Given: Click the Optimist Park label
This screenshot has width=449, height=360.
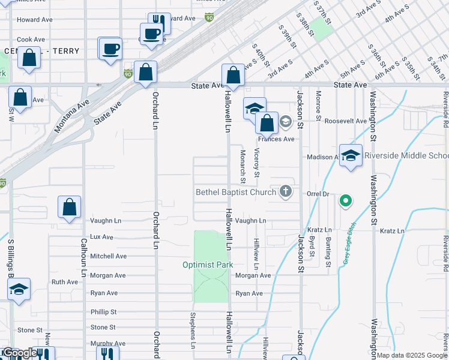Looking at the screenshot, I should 208,265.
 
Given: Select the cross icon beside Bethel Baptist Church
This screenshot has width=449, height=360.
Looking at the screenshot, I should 286,192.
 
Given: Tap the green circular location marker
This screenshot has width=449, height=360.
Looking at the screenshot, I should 345,201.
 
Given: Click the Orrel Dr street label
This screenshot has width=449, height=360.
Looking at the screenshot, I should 318,194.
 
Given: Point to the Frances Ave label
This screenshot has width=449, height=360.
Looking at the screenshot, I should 280,139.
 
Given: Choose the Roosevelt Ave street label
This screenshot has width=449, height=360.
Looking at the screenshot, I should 345,121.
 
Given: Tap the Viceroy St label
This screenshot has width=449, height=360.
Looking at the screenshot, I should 257,163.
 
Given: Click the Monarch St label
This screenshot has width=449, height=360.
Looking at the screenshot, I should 243,167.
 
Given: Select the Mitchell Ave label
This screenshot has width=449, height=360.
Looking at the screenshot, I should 108,256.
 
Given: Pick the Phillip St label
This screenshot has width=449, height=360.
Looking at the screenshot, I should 103,312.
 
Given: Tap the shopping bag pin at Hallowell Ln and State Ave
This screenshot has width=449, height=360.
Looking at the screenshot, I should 233,76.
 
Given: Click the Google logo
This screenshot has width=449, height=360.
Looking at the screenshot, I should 19,353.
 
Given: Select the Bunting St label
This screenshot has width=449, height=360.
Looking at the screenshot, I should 328,251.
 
